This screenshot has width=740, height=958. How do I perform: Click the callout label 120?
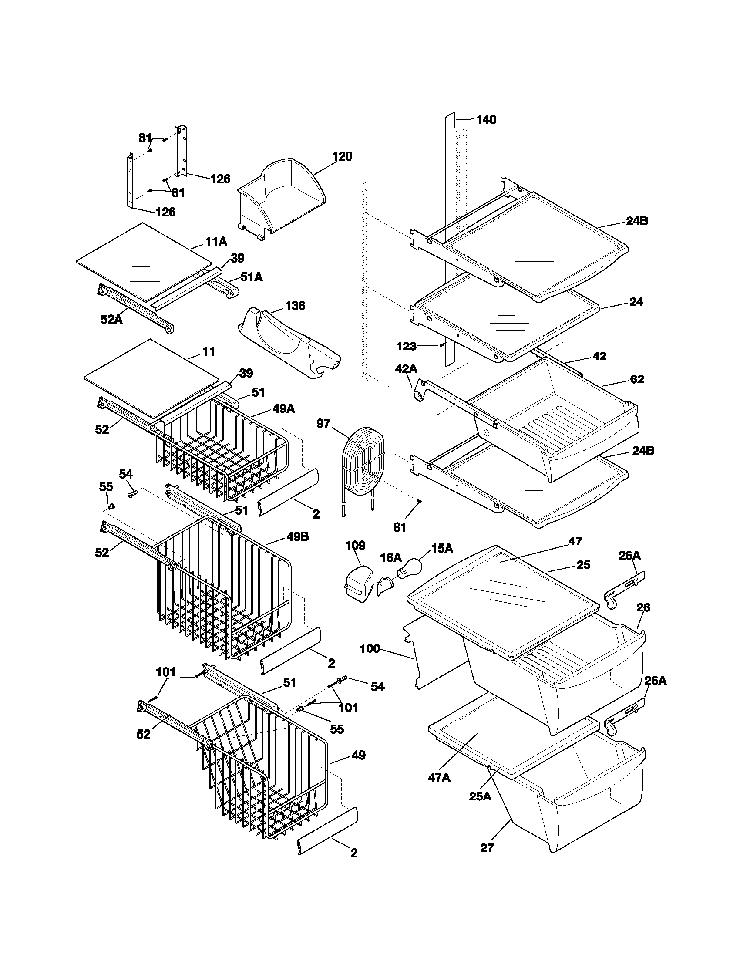(342, 156)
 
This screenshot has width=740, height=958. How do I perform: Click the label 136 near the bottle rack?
(295, 305)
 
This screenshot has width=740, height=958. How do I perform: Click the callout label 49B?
(297, 536)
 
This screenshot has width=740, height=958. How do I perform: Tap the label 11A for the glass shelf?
(216, 241)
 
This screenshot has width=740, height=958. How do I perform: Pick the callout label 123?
(406, 346)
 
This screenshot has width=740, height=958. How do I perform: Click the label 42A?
(406, 368)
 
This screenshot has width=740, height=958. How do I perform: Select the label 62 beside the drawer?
(636, 379)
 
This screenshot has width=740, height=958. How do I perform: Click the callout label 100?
(370, 648)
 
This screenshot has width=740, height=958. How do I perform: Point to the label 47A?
(439, 777)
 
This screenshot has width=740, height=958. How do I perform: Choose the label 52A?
(111, 319)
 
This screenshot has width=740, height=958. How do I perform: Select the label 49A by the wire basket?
(284, 408)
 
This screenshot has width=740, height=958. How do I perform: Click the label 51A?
(252, 277)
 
